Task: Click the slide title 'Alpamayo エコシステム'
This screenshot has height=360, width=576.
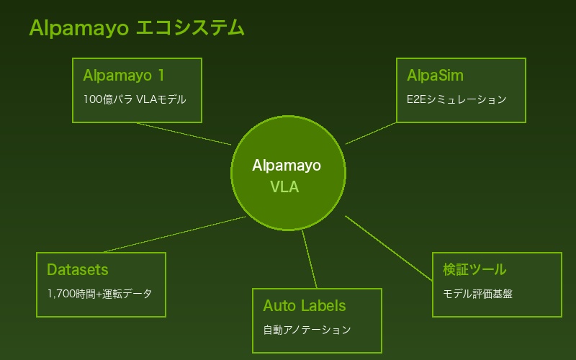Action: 137,28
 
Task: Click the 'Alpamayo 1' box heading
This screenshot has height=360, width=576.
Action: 124,76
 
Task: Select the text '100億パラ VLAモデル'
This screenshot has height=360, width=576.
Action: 135,99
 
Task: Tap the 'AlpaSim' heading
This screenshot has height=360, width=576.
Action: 435,76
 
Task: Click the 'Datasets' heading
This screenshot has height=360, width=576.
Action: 77,270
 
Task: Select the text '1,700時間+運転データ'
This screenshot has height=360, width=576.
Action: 99,294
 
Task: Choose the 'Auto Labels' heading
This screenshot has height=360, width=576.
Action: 304,306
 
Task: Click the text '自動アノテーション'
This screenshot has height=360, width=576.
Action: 307,330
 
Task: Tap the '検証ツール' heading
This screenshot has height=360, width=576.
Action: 474,270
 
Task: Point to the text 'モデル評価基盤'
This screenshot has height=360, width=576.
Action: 477,294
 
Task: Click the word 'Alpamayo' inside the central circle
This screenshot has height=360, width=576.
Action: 287,166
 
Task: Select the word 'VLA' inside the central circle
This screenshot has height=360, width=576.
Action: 284,187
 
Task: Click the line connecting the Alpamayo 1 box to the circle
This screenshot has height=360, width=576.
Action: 184,134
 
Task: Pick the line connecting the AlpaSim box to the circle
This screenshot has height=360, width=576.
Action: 371,133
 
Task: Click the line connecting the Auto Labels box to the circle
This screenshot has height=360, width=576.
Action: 310,259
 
